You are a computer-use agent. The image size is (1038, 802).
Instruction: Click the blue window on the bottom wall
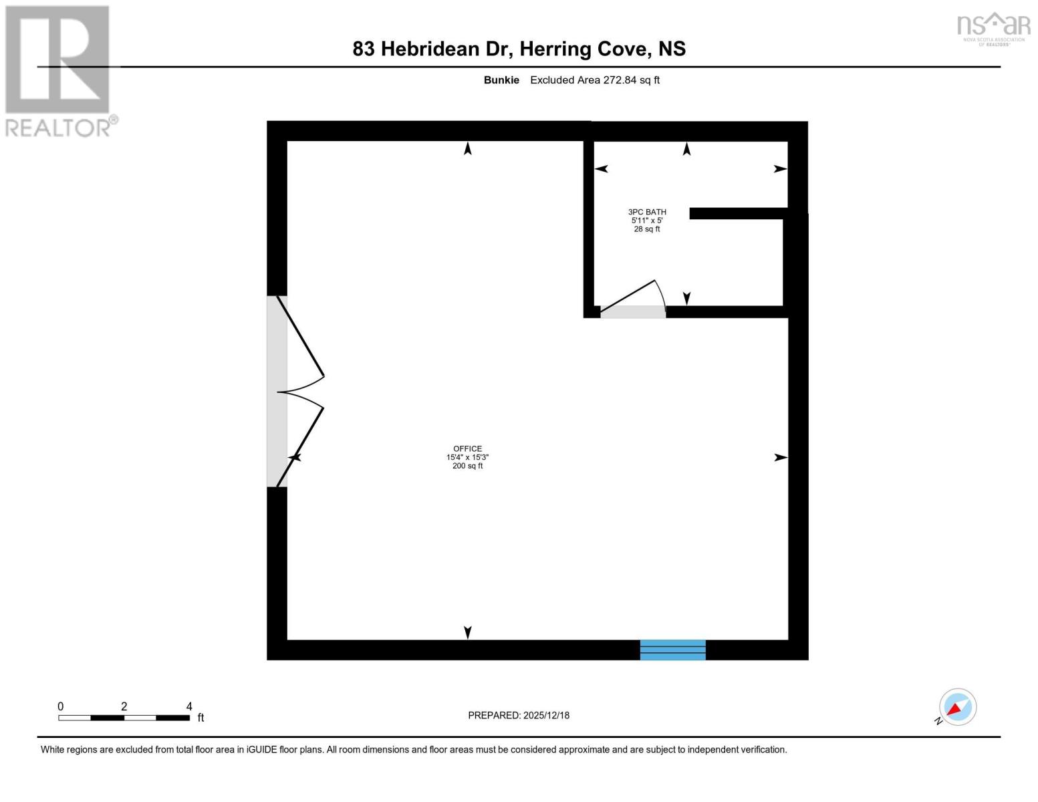(x=672, y=650)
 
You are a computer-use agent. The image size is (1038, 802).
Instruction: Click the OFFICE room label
(x=467, y=449)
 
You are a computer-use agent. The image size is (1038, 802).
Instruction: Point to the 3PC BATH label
(x=647, y=212)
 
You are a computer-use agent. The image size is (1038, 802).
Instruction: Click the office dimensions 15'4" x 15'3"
(x=467, y=457)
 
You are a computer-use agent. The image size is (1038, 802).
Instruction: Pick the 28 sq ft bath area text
(x=647, y=229)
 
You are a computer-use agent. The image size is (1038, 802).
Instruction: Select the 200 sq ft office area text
(x=467, y=466)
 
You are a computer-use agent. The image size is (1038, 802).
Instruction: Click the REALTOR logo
(x=58, y=71)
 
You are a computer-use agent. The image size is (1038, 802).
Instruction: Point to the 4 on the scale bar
(x=189, y=706)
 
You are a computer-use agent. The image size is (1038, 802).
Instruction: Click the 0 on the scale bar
(x=61, y=706)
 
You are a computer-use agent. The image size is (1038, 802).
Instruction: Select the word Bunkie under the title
(x=501, y=80)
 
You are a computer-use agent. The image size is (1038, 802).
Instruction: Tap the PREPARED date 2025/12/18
(x=546, y=715)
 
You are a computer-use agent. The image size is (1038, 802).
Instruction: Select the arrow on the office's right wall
(x=780, y=458)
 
